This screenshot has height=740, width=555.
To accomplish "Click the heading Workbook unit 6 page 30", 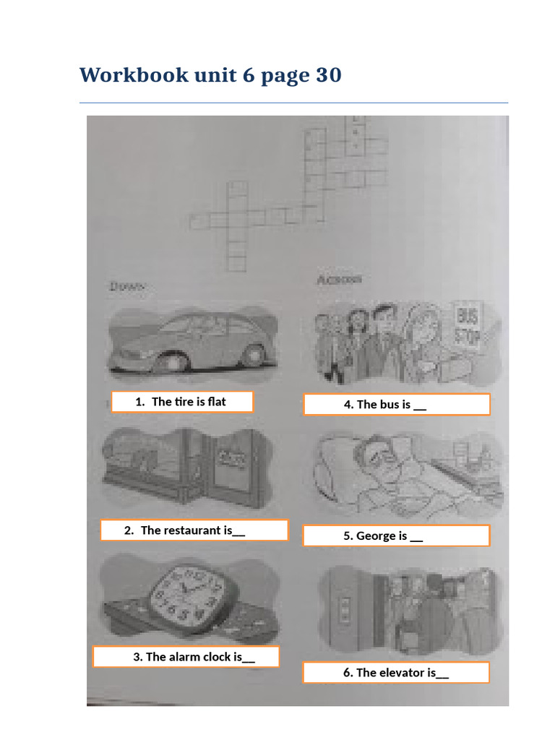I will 210,74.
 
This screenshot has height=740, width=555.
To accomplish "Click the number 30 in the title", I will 328,74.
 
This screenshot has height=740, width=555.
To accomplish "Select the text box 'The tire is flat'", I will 181,402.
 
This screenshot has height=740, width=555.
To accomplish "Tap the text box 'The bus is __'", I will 396,405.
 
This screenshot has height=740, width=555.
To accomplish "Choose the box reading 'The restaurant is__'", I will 194,530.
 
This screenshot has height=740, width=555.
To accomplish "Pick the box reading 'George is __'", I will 396,535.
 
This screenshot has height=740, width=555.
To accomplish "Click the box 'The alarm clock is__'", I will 186,657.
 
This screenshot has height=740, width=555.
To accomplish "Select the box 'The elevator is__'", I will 396,673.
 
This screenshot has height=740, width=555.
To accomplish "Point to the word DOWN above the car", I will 128,287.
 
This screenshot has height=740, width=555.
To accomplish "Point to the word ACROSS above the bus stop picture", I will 340,280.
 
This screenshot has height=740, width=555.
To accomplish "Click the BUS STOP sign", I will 469,327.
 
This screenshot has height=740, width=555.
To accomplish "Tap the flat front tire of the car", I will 169,360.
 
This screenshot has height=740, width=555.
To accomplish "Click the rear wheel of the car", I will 254,354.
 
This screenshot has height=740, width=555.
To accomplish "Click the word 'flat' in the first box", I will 217,402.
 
